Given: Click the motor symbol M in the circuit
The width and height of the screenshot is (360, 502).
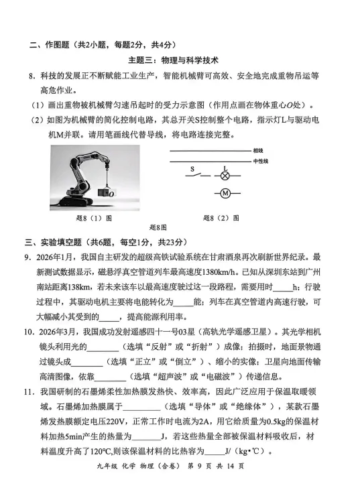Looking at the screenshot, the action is tap(226, 194).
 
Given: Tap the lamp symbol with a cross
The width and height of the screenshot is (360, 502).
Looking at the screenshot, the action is tap(226, 177).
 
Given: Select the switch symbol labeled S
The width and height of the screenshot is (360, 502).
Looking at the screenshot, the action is tap(194, 176).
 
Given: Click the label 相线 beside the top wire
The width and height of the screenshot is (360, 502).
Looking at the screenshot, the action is tap(258, 151).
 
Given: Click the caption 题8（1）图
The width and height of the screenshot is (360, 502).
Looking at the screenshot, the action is tap(94, 218).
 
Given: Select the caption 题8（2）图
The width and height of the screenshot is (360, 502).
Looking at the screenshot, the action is tap(221, 218).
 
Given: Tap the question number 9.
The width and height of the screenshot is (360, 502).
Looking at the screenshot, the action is tap(27, 257).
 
